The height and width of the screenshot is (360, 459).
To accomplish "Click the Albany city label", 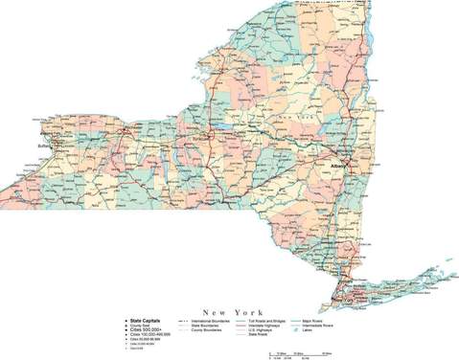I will (335, 165).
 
